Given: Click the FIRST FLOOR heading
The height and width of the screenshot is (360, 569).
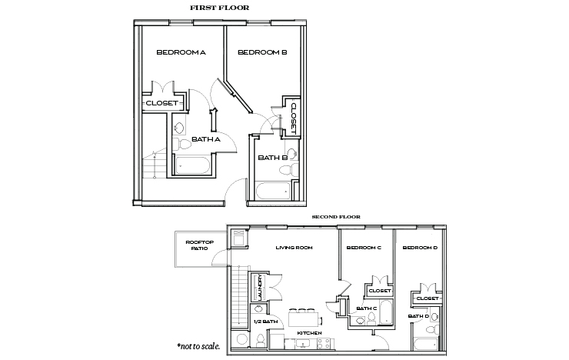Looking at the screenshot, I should click(x=219, y=8).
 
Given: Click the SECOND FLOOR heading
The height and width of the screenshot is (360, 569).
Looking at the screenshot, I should click(x=336, y=218).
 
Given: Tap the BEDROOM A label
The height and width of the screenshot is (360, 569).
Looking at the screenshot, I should click(x=181, y=52).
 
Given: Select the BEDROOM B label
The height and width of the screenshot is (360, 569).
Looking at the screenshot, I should click(x=262, y=52).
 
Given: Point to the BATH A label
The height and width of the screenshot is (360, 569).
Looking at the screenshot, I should click(x=206, y=139).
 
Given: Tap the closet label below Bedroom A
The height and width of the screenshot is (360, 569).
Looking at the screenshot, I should click(x=162, y=102).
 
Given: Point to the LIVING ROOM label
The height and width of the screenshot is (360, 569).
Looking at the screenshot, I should click(x=292, y=248).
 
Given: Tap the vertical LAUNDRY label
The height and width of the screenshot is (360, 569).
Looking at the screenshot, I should click(x=261, y=287).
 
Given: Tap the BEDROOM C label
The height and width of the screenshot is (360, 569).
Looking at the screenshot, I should click(x=364, y=248).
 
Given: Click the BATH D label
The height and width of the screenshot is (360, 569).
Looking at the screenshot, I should click(x=418, y=316).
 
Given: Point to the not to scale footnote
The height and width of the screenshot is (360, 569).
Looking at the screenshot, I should click(x=198, y=346).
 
